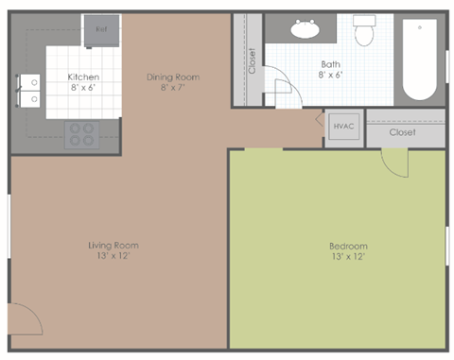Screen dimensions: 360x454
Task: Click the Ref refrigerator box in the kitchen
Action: [100, 29]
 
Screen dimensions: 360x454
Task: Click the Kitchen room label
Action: [83, 77]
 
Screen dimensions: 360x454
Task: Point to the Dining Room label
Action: [173, 77]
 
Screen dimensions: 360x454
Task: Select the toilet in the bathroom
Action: [365, 33]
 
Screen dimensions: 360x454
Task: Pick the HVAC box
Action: [342, 126]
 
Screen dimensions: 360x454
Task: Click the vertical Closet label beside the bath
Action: [252, 61]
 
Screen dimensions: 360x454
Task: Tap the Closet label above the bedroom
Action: [402, 132]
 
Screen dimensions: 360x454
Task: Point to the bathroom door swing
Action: [282, 91]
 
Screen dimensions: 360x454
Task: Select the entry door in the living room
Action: [25, 320]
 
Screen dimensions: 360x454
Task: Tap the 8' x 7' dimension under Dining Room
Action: [173, 88]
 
